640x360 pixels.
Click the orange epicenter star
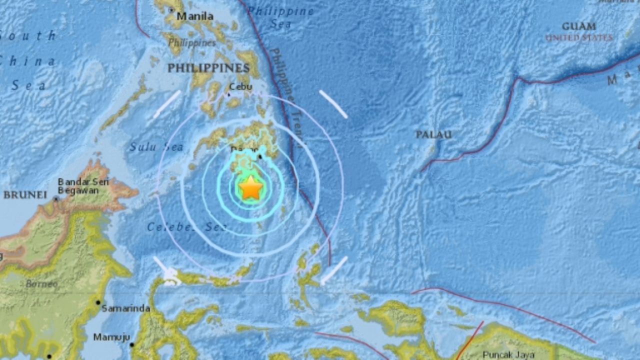250,188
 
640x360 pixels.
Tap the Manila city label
195,16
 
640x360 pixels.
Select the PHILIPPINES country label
208,68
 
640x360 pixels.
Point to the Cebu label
240,86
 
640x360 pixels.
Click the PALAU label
433,134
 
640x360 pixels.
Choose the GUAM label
579,26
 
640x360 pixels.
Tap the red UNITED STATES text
579,38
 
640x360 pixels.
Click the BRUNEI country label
25,195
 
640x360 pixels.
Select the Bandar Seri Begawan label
83,186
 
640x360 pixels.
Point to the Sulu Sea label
156,147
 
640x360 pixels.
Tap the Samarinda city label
125,308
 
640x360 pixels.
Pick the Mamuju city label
111,337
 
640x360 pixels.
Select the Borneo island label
42,284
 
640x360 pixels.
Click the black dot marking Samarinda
98,302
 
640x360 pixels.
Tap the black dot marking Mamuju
132,344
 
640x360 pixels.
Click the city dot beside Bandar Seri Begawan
56,198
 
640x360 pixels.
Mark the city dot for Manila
171,10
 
